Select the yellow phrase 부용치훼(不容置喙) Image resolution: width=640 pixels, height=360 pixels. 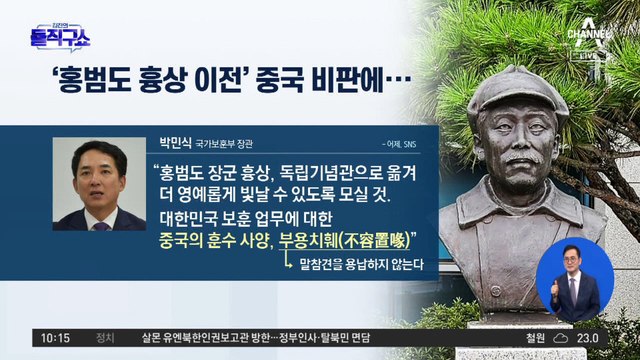click(349, 239)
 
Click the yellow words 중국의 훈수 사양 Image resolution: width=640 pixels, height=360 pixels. click(210, 239)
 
